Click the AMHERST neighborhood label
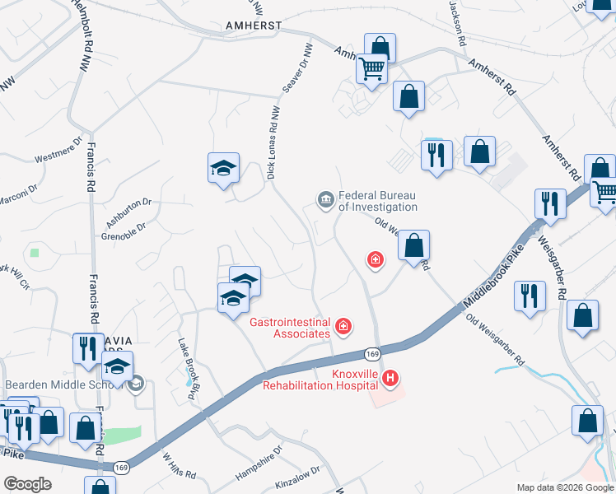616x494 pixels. [254, 26]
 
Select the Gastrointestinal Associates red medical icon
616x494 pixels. [343, 328]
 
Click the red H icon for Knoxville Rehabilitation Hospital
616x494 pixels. [391, 379]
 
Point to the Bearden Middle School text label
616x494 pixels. [63, 384]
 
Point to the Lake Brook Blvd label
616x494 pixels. [187, 369]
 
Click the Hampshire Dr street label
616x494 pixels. [259, 464]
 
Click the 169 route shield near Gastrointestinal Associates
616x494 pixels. [371, 354]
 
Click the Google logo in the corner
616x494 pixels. [27, 484]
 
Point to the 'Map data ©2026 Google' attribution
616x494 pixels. [565, 487]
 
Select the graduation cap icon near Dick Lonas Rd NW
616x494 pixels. [223, 168]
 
